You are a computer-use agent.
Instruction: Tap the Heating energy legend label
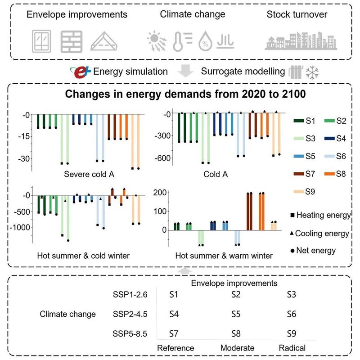pyautogui.click(x=321, y=216)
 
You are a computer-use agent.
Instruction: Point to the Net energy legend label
pyautogui.click(x=315, y=250)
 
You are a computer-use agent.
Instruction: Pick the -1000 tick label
pyautogui.click(x=22, y=227)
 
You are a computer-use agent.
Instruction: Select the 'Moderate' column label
pyautogui.click(x=237, y=348)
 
